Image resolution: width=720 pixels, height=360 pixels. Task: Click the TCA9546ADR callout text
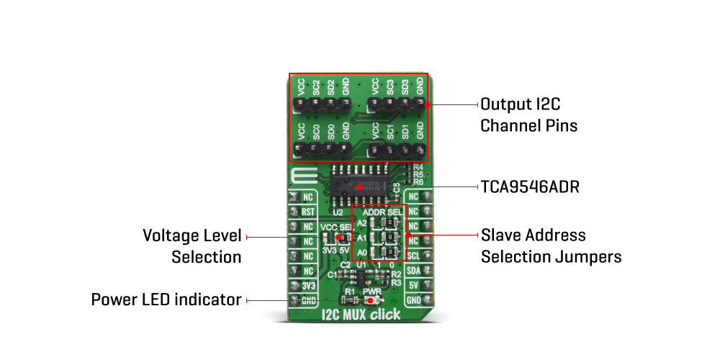(529, 187)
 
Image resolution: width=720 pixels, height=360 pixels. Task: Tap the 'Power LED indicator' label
(166, 300)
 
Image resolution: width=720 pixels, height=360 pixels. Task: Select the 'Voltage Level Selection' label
(192, 246)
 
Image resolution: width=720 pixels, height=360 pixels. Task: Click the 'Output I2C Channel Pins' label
(529, 114)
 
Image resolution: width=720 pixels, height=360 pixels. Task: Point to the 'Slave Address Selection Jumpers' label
(551, 246)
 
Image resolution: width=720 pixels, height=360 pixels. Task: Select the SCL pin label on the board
(413, 256)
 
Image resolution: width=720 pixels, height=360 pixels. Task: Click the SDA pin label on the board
(413, 270)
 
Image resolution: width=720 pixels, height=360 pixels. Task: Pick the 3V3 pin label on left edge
(308, 285)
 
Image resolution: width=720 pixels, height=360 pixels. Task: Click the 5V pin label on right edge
(413, 284)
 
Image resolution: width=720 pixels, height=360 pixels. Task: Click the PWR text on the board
(372, 292)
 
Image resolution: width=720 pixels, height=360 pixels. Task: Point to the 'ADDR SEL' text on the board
(383, 213)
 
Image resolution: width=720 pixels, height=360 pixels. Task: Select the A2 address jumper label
(362, 223)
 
